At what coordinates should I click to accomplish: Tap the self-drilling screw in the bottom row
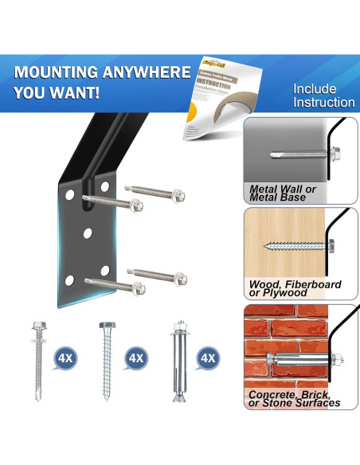point(37,358)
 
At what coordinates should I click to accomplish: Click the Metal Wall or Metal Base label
point(283,193)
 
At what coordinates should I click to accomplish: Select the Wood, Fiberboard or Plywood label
point(295,288)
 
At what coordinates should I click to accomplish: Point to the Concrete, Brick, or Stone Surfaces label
point(294,398)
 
